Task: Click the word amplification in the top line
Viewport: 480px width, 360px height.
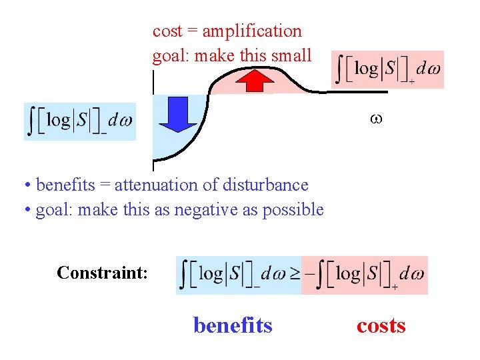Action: pos(251,31)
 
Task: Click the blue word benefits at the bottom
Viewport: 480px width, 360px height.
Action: pos(233,325)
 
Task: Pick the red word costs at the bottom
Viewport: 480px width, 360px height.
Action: pos(381,325)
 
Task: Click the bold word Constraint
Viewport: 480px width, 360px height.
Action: pos(102,273)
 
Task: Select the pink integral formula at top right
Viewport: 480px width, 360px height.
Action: pos(387,69)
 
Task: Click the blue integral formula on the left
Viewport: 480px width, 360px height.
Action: pos(80,121)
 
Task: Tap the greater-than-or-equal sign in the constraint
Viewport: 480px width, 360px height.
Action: pos(294,274)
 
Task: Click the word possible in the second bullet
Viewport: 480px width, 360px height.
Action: pos(293,209)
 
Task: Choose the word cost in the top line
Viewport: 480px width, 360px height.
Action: pos(167,31)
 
